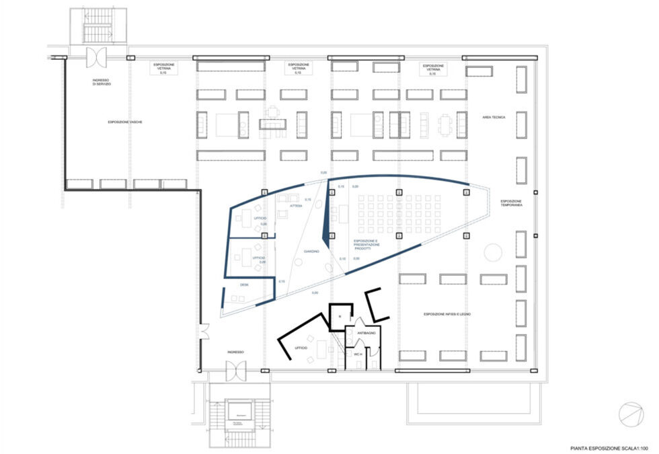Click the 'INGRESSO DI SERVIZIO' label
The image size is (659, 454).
coord(102,82)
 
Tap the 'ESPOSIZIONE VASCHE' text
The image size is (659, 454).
coord(125,122)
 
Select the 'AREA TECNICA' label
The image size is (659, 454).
coord(494,117)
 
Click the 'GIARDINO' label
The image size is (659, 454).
coord(311,251)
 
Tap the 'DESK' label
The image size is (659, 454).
coord(244,285)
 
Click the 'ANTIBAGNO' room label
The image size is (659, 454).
coord(366,333)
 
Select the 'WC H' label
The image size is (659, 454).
coord(358,354)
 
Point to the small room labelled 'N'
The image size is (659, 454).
coord(340,316)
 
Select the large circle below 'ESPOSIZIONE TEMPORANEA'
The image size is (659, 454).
coord(493,252)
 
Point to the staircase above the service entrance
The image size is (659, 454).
coord(96,28)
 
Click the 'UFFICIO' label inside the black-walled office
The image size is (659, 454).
coord(301,348)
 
